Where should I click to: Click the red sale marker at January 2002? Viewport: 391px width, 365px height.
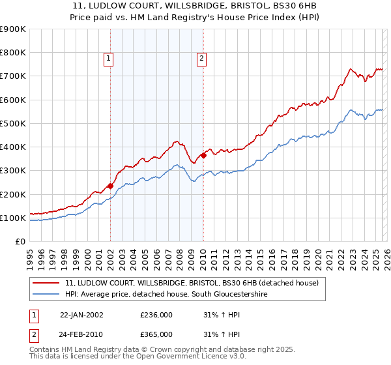[110, 186]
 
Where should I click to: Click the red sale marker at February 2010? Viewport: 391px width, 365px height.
[203, 155]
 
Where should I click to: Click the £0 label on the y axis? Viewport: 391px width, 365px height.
[20, 241]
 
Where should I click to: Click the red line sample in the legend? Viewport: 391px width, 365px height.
[46, 283]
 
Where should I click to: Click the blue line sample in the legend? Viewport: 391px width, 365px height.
[46, 295]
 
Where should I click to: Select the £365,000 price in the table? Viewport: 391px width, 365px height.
[156, 334]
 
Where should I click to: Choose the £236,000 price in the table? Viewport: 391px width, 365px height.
[156, 315]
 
